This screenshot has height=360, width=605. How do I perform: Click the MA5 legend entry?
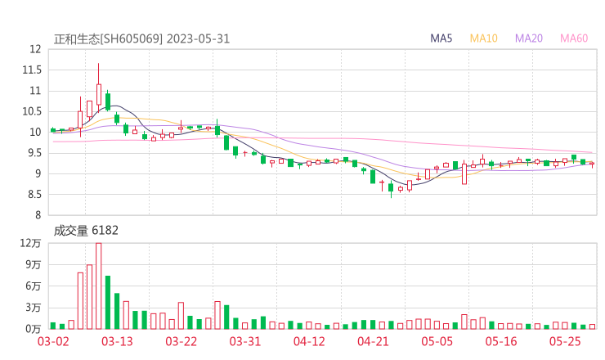pos(442,38)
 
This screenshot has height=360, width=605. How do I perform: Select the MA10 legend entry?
pos(484,38)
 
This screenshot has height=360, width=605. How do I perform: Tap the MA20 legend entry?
pos(529,38)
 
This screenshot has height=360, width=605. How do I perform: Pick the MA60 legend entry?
pos(574,38)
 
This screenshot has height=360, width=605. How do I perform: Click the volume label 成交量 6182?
pos(86,231)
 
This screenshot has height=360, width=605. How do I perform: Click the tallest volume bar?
pos(98,286)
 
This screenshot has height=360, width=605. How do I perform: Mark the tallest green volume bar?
pos(107,302)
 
